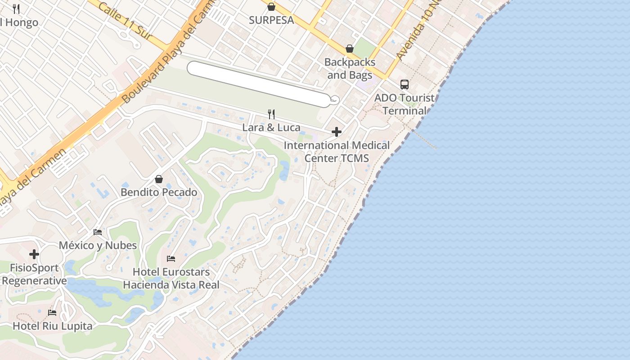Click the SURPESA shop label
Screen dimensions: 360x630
[271, 20]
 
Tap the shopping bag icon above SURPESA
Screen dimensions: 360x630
[271, 7]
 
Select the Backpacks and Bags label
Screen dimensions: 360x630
[350, 68]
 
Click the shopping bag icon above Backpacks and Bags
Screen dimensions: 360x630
[350, 49]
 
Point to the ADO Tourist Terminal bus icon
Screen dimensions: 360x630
[405, 84]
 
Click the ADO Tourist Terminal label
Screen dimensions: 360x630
[405, 104]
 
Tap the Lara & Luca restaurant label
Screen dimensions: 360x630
[271, 127]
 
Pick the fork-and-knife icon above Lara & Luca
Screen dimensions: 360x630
[271, 114]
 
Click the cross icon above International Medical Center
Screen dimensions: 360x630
[337, 132]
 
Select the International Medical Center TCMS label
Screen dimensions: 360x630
[337, 152]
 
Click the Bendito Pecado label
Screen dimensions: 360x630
[159, 192]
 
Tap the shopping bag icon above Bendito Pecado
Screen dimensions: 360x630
[159, 179]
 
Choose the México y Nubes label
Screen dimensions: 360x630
[98, 245]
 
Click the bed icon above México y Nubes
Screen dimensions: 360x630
[98, 232]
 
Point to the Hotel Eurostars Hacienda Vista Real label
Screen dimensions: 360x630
[171, 278]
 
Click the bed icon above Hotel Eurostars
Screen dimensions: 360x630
[171, 258]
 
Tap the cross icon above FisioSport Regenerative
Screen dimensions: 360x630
[34, 254]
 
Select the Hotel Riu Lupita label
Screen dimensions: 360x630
[52, 326]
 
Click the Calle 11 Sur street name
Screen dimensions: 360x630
[126, 21]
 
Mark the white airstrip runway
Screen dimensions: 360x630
[259, 84]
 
